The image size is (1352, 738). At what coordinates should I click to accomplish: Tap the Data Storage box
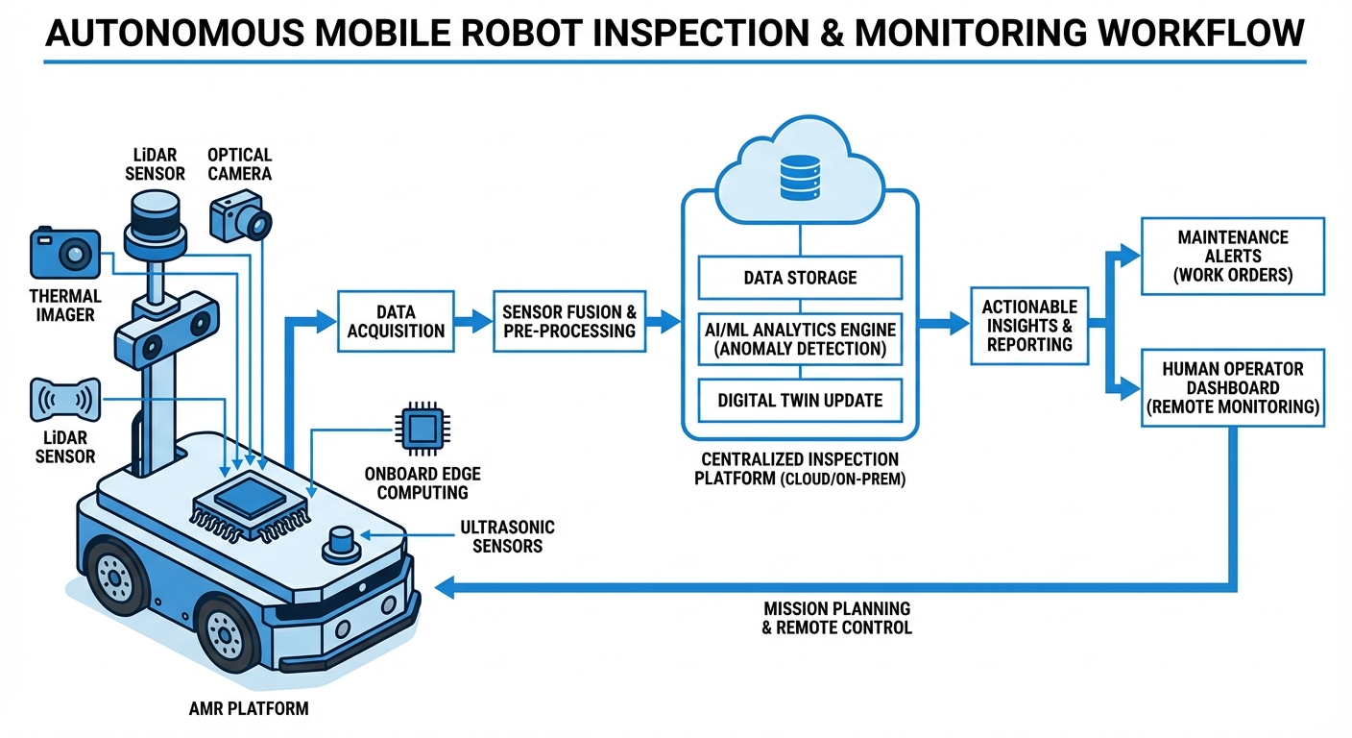pyautogui.click(x=800, y=278)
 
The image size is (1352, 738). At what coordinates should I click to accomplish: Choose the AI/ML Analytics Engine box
pyautogui.click(x=800, y=338)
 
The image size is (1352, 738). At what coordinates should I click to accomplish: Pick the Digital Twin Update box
pyautogui.click(x=800, y=400)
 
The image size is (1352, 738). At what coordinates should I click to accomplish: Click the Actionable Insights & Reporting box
pyautogui.click(x=1029, y=325)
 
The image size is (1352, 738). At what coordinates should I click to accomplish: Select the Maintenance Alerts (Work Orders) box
pyautogui.click(x=1233, y=256)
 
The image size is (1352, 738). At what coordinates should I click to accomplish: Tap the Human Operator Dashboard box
pyautogui.click(x=1233, y=387)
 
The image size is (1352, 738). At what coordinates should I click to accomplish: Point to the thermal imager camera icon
pyautogui.click(x=65, y=253)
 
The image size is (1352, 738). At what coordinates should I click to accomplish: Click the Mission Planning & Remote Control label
pyautogui.click(x=837, y=618)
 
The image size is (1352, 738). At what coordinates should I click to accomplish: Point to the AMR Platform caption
pyautogui.click(x=250, y=709)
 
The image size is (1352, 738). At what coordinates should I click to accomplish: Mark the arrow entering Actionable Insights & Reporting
pyautogui.click(x=945, y=325)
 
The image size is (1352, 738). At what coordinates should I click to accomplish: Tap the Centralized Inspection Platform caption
pyautogui.click(x=800, y=469)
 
